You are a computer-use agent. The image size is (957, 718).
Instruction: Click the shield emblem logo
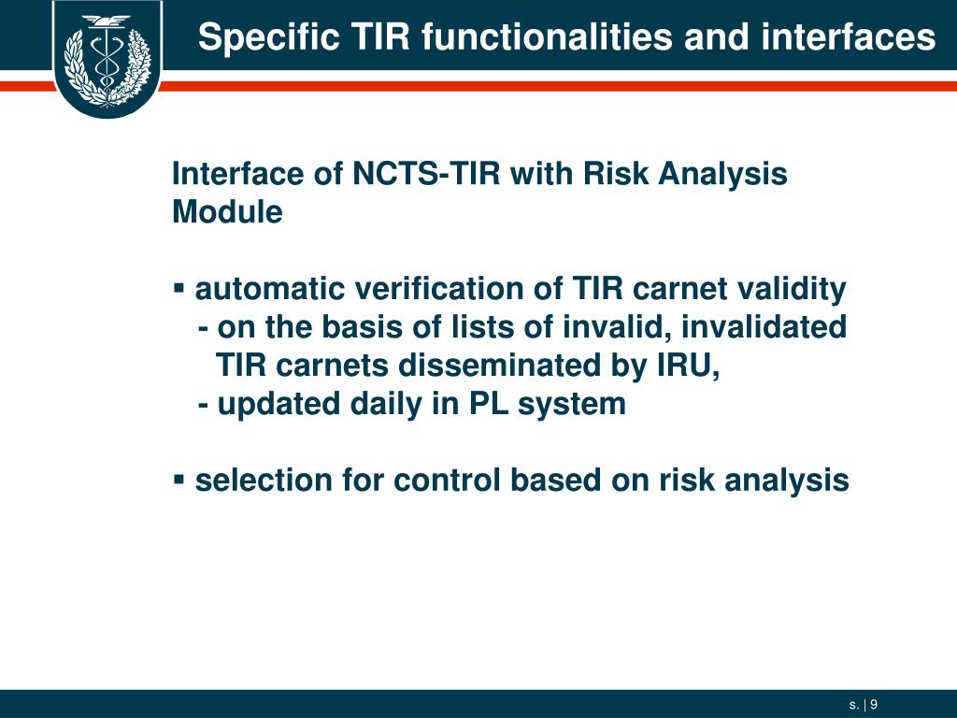[x=107, y=58]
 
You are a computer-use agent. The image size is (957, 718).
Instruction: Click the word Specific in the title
[x=268, y=36]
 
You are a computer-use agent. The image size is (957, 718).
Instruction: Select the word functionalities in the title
[x=548, y=36]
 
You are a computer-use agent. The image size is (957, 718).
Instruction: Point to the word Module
[x=227, y=212]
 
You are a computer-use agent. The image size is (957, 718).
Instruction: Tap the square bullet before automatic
[x=179, y=287]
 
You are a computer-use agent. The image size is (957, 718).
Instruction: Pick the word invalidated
[x=764, y=326]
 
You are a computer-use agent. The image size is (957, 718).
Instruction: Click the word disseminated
[x=500, y=366]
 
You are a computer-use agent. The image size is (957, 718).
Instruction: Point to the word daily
[x=386, y=404]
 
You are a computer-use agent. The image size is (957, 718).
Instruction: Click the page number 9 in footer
[x=874, y=705]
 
